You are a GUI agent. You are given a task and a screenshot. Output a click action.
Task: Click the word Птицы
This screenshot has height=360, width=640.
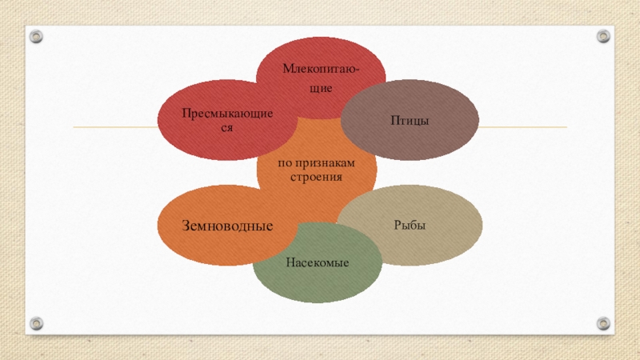tap(410, 120)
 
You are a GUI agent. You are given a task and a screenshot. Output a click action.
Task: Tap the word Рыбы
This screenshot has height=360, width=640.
tap(408, 226)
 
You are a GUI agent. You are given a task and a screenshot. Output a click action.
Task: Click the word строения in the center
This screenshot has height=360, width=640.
tap(315, 176)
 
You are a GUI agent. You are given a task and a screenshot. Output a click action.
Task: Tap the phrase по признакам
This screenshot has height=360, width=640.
tap(315, 162)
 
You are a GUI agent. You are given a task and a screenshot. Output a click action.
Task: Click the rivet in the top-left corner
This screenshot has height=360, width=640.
tap(37, 36)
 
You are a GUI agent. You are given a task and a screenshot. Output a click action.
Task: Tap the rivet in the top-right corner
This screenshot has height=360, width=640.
tap(602, 36)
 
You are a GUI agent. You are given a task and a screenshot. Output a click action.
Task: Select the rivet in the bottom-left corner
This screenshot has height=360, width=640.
tap(37, 323)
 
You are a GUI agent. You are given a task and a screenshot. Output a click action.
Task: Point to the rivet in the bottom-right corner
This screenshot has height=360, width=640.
tap(602, 323)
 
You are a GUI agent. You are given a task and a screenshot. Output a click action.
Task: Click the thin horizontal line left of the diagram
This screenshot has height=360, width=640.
tap(112, 127)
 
